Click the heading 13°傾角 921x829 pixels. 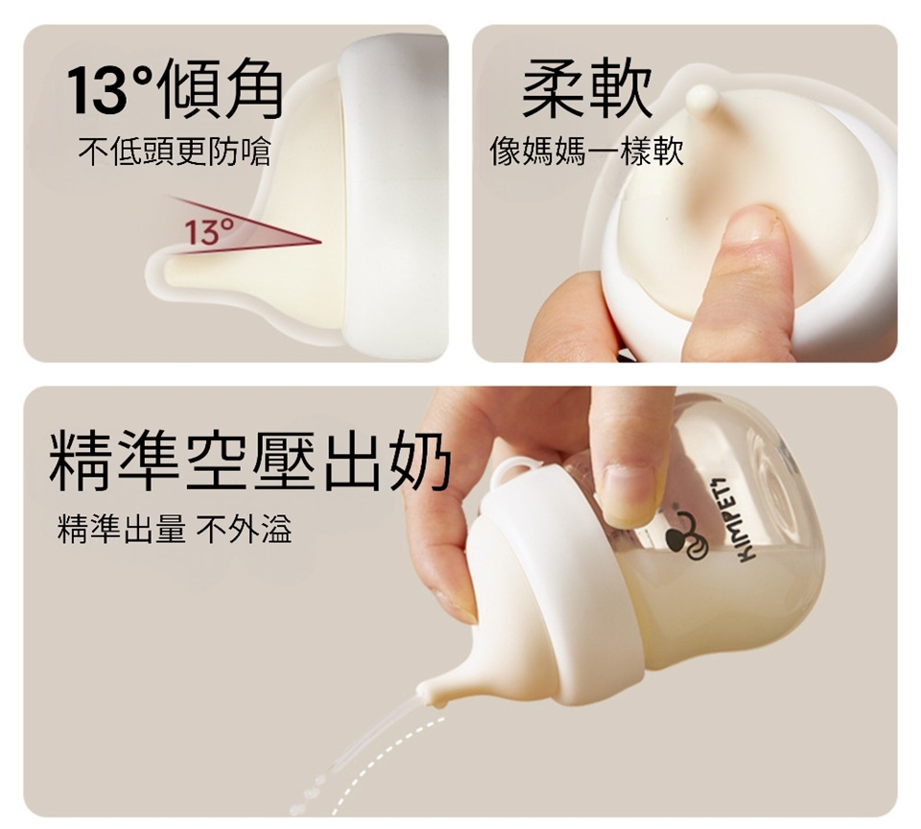tap(174, 88)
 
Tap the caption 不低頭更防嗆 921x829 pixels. tap(175, 152)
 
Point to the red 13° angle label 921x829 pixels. tap(209, 231)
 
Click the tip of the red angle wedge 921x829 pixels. tap(320, 241)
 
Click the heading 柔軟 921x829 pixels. tap(587, 89)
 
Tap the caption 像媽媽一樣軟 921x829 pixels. tap(586, 152)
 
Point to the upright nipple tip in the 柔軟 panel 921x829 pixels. tap(702, 100)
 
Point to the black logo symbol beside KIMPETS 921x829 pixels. tap(687, 534)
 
